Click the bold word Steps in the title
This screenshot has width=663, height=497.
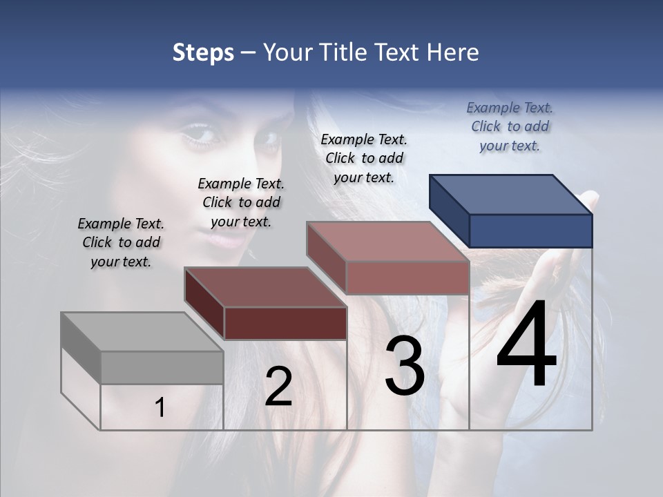point(203,52)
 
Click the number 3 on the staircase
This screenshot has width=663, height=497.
point(405,366)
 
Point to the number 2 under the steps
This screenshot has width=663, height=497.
point(278,387)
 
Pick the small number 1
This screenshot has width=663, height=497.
point(160,407)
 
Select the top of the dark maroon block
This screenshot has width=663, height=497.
point(266,286)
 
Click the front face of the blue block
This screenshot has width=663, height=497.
point(530,231)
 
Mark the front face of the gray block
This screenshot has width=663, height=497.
point(162,367)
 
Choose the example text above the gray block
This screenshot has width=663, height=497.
point(121,242)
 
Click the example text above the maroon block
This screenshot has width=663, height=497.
point(241,202)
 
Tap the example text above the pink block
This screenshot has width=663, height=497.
point(364,158)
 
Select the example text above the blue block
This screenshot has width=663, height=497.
point(510,126)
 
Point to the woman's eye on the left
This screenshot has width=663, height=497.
point(198,134)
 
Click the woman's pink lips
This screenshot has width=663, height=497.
point(231,241)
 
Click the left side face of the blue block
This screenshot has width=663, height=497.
point(449,209)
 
